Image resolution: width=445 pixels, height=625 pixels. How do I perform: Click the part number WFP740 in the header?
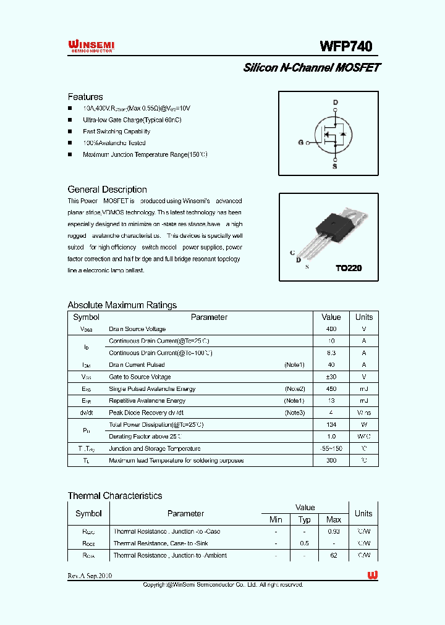[x=345, y=46]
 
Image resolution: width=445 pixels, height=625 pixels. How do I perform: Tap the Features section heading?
[x=85, y=97]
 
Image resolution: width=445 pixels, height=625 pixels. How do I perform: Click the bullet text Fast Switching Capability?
[x=116, y=132]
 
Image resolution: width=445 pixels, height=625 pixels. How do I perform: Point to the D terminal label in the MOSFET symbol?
[x=335, y=103]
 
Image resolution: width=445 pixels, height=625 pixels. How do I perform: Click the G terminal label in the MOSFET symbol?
[x=301, y=143]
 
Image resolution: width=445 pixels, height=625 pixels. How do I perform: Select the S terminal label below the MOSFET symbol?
[x=335, y=166]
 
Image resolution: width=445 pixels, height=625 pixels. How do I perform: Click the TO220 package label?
[x=348, y=269]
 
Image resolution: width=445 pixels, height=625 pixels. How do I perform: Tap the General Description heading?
[x=107, y=190]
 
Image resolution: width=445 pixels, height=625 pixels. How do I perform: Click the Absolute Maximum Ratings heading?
[x=122, y=305]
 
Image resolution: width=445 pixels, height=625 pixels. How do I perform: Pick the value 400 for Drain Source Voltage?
[x=331, y=329]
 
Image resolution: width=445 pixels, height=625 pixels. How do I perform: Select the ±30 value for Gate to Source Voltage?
[x=331, y=377]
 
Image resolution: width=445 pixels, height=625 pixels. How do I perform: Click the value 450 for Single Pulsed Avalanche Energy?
[x=331, y=389]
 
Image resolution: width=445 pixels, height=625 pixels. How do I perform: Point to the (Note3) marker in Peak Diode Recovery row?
[x=294, y=413]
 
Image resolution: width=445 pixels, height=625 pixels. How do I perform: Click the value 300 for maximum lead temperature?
[x=331, y=461]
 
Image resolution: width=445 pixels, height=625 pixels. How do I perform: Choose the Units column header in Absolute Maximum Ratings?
[x=364, y=317]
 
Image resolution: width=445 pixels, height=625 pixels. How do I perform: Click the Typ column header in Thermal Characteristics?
[x=305, y=519]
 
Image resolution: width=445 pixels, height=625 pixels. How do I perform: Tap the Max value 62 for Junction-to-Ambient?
[x=334, y=555]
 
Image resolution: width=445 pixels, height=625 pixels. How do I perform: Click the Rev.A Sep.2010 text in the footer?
[x=90, y=576]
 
